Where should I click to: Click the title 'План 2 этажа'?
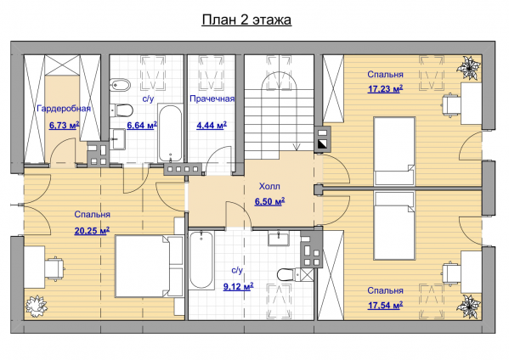(x=246, y=20)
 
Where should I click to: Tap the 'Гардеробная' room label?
(x=64, y=109)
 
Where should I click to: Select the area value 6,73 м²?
(x=65, y=125)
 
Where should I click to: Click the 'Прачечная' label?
(x=212, y=98)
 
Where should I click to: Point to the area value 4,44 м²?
(x=212, y=125)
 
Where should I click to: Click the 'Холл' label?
(x=269, y=186)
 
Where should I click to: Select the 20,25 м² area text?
(x=92, y=230)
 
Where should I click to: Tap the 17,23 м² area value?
(x=385, y=88)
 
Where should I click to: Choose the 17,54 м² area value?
(x=385, y=305)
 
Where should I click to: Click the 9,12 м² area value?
(x=239, y=286)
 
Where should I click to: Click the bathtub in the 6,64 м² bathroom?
(x=170, y=133)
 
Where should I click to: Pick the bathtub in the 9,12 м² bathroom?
(x=201, y=260)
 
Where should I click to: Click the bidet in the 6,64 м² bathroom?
(x=120, y=85)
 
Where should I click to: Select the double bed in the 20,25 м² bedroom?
(x=150, y=266)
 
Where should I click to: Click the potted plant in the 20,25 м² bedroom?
(x=36, y=307)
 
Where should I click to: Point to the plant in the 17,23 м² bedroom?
(x=468, y=68)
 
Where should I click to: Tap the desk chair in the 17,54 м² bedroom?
(x=451, y=273)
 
